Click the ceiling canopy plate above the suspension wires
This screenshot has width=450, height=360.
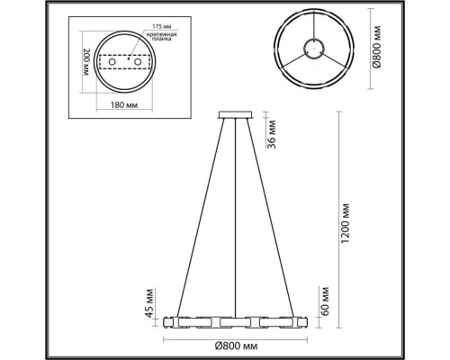(x=236, y=114)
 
